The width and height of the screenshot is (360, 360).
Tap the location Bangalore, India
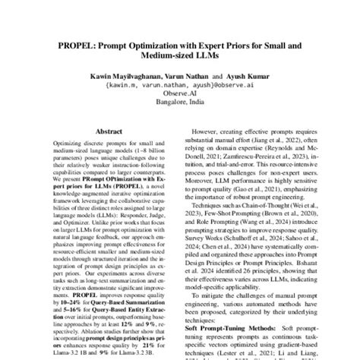pyautogui.click(x=179, y=111)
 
